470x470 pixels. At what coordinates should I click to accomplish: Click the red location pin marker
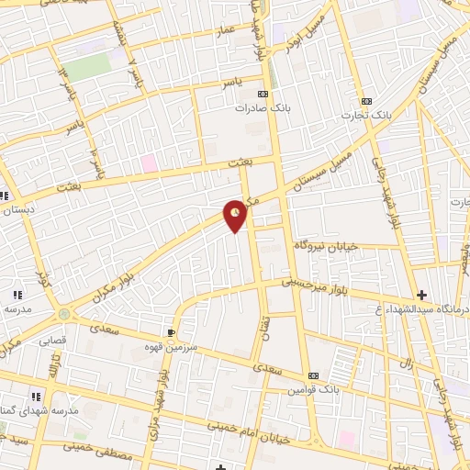click(237, 215)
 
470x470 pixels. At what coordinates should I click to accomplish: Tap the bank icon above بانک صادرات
click(264, 94)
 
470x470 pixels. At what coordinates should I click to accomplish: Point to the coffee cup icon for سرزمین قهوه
click(171, 332)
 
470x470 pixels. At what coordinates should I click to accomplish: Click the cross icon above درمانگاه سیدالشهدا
click(421, 295)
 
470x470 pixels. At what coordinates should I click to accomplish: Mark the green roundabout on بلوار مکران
click(62, 314)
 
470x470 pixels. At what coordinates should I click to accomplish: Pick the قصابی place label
click(52, 341)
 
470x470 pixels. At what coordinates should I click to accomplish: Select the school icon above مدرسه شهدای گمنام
click(36, 397)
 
